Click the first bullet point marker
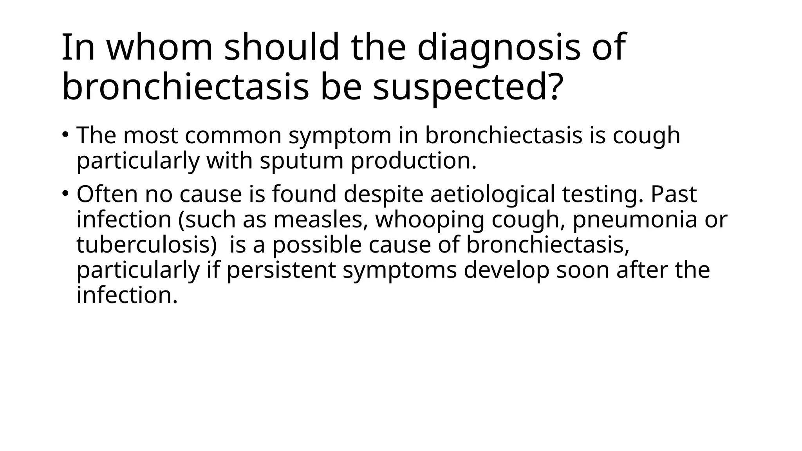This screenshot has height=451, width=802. pyautogui.click(x=65, y=135)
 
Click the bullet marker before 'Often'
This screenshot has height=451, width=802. pyautogui.click(x=65, y=193)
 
